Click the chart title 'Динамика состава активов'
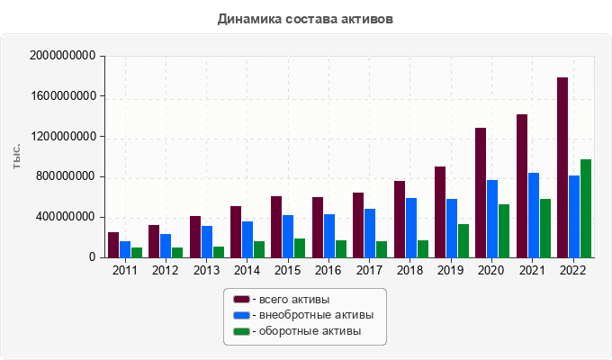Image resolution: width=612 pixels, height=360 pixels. click(x=305, y=18)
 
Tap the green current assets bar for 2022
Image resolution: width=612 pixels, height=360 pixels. click(x=586, y=208)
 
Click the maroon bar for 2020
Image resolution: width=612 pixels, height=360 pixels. click(x=481, y=193)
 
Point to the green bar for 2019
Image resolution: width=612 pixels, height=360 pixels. click(x=463, y=240)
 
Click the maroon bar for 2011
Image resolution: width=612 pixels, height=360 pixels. click(x=113, y=245)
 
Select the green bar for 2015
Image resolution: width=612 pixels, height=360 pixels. click(x=300, y=247)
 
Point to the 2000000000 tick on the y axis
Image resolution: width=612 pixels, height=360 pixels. click(x=63, y=56)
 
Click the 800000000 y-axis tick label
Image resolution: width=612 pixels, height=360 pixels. click(x=67, y=176)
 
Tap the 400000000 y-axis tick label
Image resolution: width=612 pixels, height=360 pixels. click(x=67, y=217)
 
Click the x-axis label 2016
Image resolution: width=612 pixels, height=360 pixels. click(x=328, y=269)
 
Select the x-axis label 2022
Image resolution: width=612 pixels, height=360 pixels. click(x=573, y=269)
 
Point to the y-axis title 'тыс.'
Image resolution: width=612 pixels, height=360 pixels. click(x=17, y=156)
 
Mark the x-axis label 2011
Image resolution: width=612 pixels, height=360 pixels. click(x=124, y=269)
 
